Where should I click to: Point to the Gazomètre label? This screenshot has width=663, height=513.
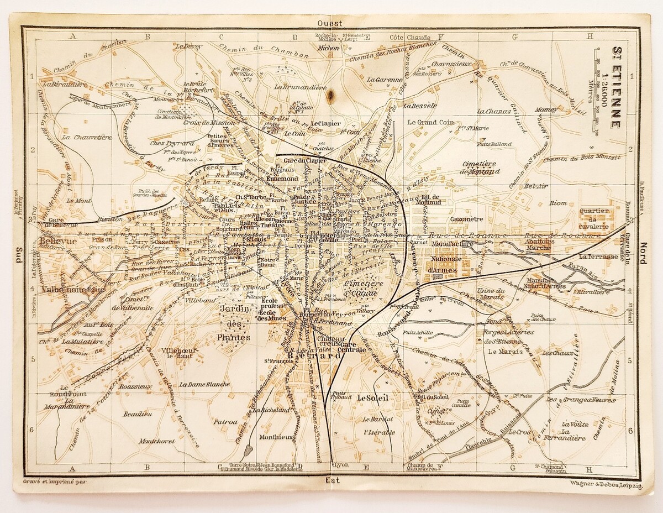[451, 219]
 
